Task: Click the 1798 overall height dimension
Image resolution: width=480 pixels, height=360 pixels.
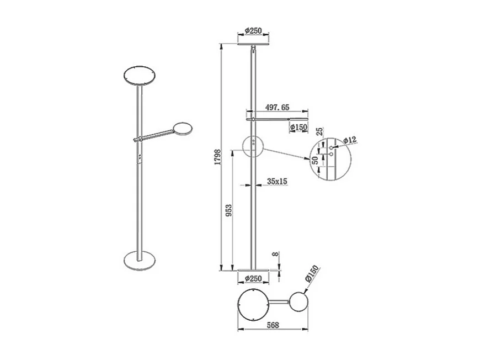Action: [217, 158]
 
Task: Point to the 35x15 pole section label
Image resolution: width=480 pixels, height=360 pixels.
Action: [278, 181]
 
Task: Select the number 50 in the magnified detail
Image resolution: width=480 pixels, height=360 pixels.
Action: [315, 162]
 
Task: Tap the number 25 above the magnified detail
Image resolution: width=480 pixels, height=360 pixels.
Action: [319, 133]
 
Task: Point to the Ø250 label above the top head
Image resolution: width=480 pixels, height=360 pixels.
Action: [253, 31]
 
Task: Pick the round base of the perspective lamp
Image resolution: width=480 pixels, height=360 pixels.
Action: [140, 259]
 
